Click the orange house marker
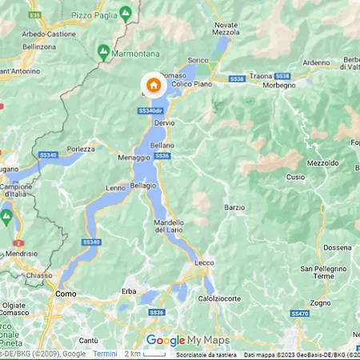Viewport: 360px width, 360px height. (x=154, y=86)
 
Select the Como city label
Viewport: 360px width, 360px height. (x=66, y=294)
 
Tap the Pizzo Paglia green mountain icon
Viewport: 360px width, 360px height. (x=126, y=14)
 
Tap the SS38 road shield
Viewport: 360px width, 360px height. (x=235, y=79)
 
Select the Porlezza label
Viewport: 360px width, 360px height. (x=81, y=148)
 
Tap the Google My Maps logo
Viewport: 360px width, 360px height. (x=187, y=340)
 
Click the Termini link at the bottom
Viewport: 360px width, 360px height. (x=105, y=354)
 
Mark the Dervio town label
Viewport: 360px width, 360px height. (x=165, y=122)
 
